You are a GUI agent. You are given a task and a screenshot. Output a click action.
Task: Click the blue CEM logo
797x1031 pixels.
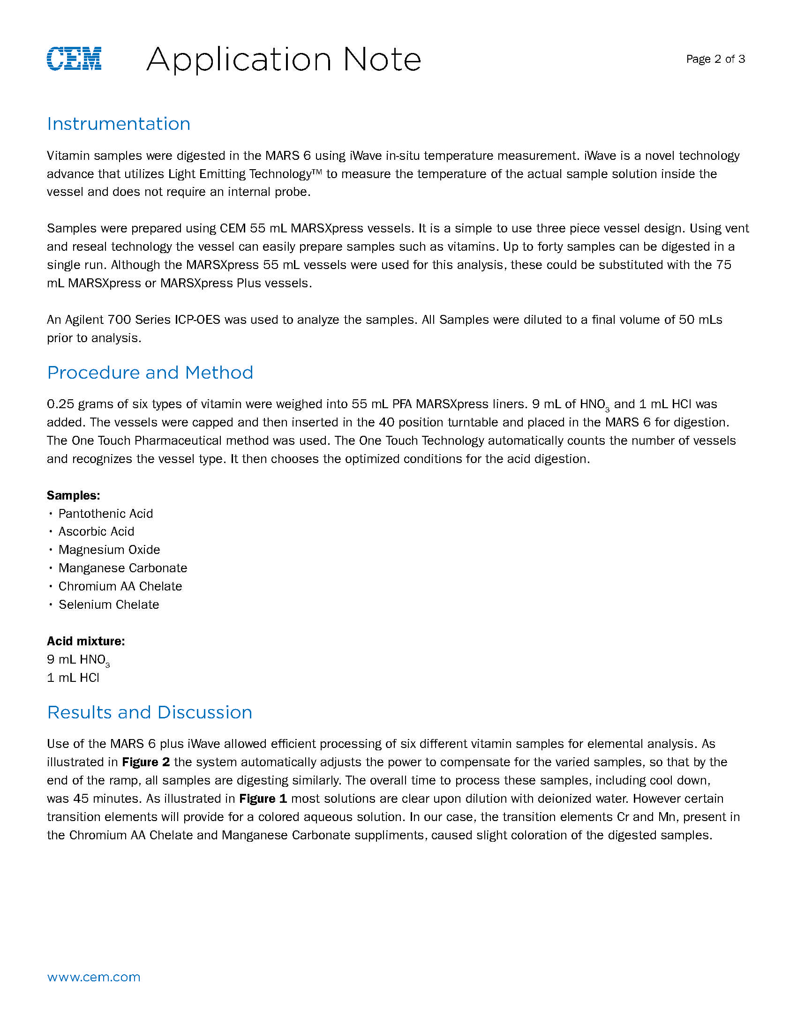74,59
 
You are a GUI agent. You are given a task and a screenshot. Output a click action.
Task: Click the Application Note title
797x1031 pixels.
283,60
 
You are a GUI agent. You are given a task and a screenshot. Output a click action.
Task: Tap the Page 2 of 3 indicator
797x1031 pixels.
715,59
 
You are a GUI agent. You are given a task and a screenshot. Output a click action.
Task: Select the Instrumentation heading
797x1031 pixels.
119,124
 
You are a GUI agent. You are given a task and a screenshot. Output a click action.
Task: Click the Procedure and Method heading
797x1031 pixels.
150,373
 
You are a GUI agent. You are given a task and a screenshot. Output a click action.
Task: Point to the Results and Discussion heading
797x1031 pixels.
150,712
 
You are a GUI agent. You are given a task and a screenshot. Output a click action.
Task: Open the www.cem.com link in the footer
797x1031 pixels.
93,977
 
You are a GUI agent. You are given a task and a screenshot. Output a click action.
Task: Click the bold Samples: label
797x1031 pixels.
73,495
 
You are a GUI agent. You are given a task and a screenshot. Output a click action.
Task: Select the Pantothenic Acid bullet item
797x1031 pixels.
105,514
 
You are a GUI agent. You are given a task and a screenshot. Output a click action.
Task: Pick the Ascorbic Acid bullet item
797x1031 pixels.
96,531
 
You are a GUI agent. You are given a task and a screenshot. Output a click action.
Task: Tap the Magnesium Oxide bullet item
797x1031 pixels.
109,550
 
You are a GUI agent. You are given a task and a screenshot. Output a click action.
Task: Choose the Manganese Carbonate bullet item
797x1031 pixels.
123,568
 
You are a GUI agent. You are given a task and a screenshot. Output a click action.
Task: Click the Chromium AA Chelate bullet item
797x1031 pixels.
120,586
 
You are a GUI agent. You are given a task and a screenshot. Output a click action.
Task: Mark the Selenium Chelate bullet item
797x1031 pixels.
109,605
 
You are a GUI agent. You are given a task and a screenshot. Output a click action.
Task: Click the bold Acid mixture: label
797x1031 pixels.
85,641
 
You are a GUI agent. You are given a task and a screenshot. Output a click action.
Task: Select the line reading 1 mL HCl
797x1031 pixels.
73,678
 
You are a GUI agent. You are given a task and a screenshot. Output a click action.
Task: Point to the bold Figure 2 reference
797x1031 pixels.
146,762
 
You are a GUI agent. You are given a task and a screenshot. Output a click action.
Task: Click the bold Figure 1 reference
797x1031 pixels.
263,798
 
